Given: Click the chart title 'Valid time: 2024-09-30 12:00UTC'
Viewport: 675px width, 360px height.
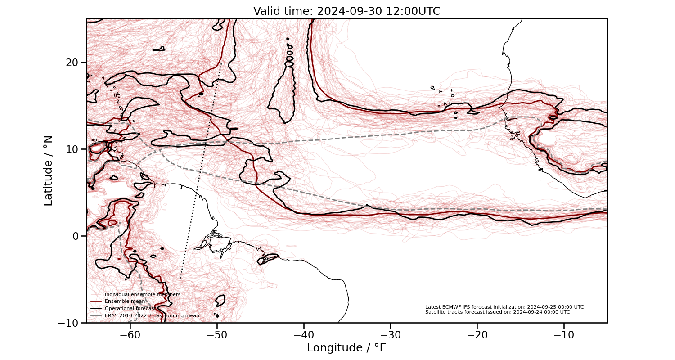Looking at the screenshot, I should [x=346, y=11].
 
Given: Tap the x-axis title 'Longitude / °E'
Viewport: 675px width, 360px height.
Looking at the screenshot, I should [x=346, y=348].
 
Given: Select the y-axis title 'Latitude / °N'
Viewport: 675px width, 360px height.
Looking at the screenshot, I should [x=48, y=171].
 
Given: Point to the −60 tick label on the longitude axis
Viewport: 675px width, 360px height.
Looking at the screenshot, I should [x=130, y=335].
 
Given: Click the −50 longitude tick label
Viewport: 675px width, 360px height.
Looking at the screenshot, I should [x=216, y=335].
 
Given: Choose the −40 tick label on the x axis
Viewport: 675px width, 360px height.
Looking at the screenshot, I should [x=303, y=335].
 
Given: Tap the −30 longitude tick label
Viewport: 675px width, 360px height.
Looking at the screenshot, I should [x=390, y=335].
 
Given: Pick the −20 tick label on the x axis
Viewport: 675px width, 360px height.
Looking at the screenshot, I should [x=477, y=335].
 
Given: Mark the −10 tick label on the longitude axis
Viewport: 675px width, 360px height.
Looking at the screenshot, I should [x=564, y=335].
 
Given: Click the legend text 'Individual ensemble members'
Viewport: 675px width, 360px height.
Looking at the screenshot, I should [x=142, y=294].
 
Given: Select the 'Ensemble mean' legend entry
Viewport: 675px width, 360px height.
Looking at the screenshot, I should [x=125, y=301].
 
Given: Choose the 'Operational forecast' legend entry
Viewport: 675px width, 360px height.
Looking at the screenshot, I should [x=130, y=309].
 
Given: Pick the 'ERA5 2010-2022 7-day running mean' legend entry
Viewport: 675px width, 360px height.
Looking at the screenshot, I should [x=152, y=316].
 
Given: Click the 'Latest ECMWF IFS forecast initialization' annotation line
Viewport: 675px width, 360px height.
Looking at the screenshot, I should [x=504, y=307].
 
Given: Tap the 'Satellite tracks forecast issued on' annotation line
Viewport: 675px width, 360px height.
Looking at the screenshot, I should [x=497, y=312].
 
